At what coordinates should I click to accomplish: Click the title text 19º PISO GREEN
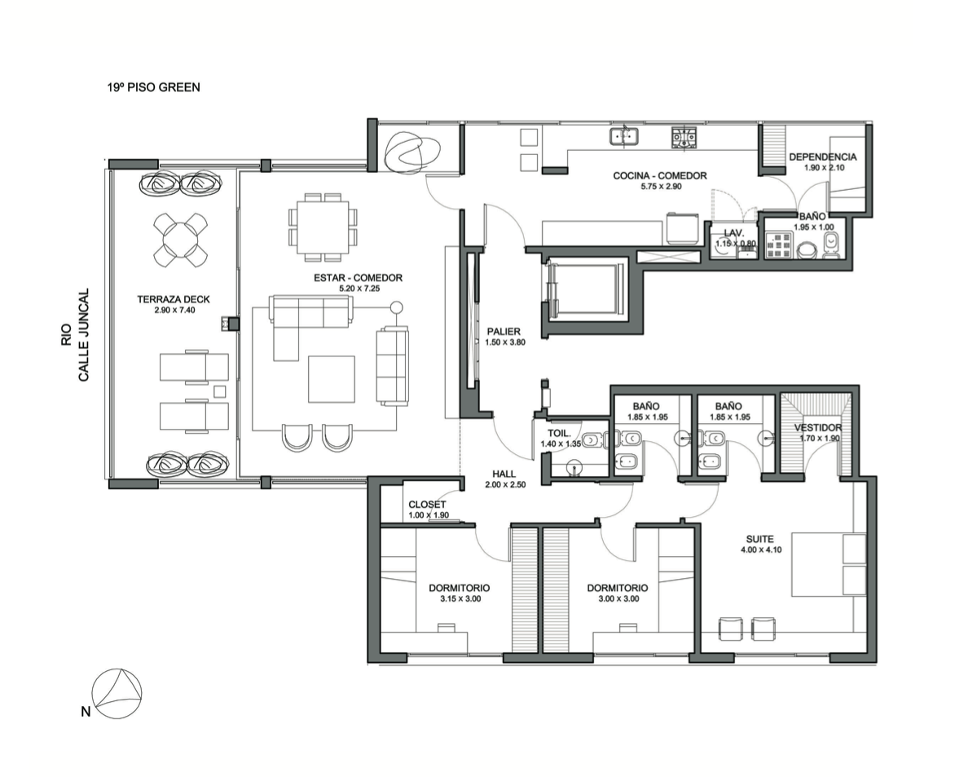(154, 87)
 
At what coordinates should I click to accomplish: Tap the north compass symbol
(117, 693)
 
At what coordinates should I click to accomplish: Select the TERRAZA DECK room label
(174, 299)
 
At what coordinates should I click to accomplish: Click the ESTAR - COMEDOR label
(358, 278)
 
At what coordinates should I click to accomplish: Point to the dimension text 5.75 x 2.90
(661, 187)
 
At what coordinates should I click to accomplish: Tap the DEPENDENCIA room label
(822, 157)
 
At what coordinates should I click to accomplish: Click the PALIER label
(504, 332)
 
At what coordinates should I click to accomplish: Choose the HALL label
(504, 475)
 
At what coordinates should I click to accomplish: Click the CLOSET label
(427, 505)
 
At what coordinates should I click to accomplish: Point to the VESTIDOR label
(817, 427)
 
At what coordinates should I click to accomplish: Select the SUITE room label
(760, 539)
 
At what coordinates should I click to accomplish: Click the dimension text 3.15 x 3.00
(460, 598)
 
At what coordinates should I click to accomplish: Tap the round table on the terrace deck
(180, 240)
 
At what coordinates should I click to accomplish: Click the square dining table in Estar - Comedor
(322, 227)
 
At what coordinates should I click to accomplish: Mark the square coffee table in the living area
(332, 379)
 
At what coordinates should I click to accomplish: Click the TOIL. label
(560, 433)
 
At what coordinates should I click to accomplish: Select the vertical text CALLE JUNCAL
(84, 335)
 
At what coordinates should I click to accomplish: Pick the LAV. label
(734, 233)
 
